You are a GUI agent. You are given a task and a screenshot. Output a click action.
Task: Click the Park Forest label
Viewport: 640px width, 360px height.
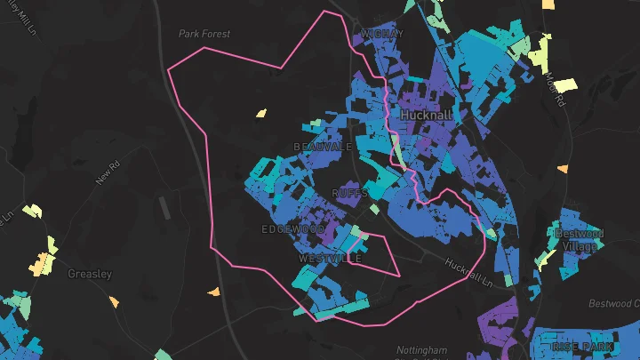(x=204, y=34)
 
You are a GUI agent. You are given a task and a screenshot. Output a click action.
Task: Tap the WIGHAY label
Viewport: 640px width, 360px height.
(x=381, y=34)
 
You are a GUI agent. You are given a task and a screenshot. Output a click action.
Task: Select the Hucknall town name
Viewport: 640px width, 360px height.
(x=427, y=116)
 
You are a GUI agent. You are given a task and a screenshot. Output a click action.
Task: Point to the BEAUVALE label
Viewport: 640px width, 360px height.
(x=323, y=146)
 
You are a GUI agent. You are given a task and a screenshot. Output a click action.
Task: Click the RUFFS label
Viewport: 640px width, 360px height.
(x=349, y=193)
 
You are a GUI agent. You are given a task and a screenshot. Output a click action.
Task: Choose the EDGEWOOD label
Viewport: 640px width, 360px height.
(x=293, y=229)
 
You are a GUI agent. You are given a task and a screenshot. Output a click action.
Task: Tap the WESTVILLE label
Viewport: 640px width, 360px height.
(x=330, y=258)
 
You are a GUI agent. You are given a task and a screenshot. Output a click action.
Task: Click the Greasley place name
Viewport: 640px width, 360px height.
(x=90, y=274)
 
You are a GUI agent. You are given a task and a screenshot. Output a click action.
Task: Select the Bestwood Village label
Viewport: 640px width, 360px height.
(x=579, y=240)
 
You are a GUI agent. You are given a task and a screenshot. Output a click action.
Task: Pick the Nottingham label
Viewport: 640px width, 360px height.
(x=423, y=349)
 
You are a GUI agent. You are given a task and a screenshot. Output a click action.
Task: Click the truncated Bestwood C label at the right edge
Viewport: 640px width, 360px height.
(x=616, y=304)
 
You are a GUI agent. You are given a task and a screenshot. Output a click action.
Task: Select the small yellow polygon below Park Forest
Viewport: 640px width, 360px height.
(x=261, y=113)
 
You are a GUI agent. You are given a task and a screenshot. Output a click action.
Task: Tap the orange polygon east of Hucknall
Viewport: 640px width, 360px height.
(x=563, y=169)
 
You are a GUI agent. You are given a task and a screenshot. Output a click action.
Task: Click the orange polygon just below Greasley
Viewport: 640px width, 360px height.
(x=114, y=302)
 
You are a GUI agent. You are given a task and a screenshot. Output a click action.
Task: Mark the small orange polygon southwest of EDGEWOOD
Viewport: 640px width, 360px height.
(x=213, y=292)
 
